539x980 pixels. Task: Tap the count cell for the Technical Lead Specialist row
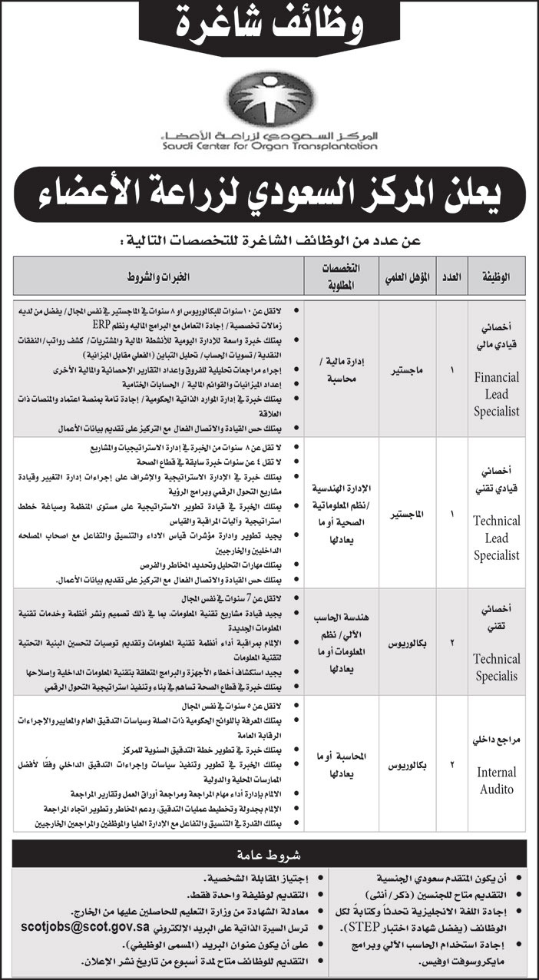451,512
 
